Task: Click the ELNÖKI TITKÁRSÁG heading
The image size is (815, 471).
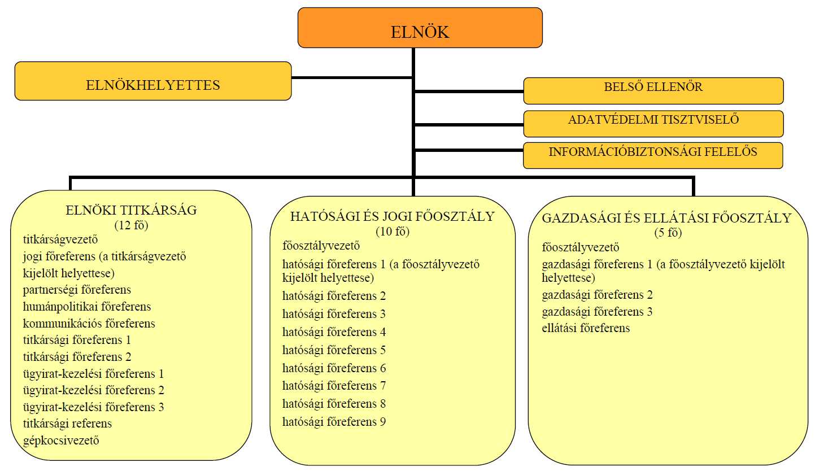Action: tap(131, 211)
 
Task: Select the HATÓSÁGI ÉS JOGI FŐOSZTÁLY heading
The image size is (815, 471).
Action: tap(392, 216)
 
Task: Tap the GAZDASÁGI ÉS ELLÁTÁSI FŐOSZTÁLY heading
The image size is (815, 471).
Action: tap(666, 218)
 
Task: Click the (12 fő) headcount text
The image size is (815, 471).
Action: tap(131, 225)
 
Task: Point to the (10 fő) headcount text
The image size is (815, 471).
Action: tap(392, 231)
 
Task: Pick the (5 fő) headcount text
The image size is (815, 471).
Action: tap(666, 232)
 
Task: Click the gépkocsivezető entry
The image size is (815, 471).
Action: tap(61, 440)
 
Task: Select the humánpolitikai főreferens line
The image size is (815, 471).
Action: tap(87, 307)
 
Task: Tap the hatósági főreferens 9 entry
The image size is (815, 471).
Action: tap(334, 422)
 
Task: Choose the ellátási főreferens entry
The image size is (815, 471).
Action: tap(586, 328)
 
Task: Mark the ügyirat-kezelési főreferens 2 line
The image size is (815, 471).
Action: tap(94, 390)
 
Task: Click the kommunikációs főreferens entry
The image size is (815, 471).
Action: tap(89, 324)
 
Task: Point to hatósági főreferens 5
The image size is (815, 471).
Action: tap(334, 350)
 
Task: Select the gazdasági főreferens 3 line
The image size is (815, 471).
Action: tap(597, 312)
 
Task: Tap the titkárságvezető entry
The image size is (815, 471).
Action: tap(61, 239)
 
